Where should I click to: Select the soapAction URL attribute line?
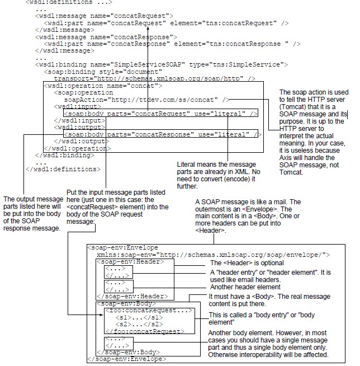tap(146, 99)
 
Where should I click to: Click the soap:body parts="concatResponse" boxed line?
tap(163, 134)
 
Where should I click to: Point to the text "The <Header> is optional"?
tap(247, 262)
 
